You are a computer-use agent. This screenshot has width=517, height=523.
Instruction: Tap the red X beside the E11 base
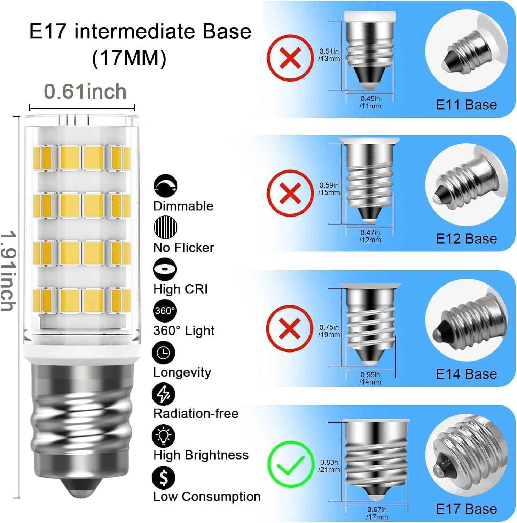pyautogui.click(x=290, y=58)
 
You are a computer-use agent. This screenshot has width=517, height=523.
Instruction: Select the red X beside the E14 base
pyautogui.click(x=290, y=328)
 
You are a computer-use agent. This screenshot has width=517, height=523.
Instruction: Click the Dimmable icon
pyautogui.click(x=165, y=186)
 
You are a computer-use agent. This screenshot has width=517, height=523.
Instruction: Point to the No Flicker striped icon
pyautogui.click(x=165, y=227)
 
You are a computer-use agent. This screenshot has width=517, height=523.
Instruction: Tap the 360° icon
pyautogui.click(x=165, y=311)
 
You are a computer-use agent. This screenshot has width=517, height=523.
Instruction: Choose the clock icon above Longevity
pyautogui.click(x=164, y=353)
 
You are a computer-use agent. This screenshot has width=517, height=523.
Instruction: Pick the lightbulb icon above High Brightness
pyautogui.click(x=164, y=436)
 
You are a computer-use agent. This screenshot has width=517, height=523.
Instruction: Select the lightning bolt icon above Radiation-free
pyautogui.click(x=164, y=394)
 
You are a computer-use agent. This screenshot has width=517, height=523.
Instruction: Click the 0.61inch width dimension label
pyautogui.click(x=85, y=91)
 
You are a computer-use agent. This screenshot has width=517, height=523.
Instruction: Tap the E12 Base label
pyautogui.click(x=466, y=239)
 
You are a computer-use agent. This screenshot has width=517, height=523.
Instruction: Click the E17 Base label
pyautogui.click(x=466, y=509)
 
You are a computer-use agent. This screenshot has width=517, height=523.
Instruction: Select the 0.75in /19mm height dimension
pyautogui.click(x=329, y=331)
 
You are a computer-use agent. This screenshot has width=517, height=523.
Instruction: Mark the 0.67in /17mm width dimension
pyautogui.click(x=377, y=513)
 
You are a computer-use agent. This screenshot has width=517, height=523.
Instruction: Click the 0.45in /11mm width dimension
pyautogui.click(x=370, y=102)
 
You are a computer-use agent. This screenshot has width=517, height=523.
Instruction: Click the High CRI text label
pyautogui.click(x=180, y=289)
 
